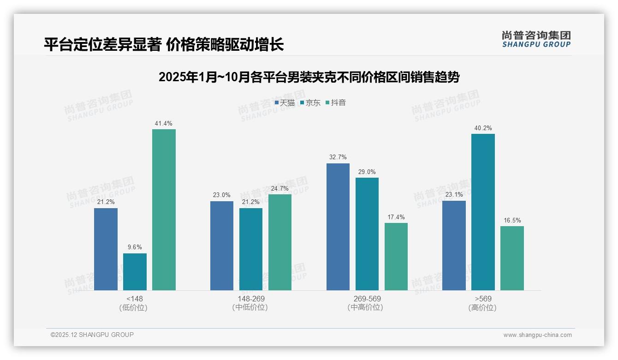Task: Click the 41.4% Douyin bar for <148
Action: [x=164, y=210]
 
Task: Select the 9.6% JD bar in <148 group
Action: [x=135, y=272]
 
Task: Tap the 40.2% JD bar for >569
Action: [x=483, y=212]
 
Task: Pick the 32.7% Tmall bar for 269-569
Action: [x=338, y=227]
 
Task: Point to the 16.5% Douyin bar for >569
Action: [x=512, y=258]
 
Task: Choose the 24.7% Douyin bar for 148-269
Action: [x=280, y=242]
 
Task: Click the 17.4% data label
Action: [x=396, y=217]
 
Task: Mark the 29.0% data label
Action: [x=367, y=172]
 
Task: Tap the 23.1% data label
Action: [x=454, y=195]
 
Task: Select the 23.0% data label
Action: [x=222, y=195]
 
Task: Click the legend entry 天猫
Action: [x=285, y=102]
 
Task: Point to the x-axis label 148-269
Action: [x=251, y=299]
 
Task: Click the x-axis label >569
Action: [x=483, y=299]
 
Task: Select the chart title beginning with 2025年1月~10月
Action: [x=309, y=78]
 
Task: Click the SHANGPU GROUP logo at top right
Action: [x=536, y=39]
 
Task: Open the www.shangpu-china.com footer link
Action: [x=537, y=335]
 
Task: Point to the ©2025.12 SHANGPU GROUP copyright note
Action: [x=92, y=335]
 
